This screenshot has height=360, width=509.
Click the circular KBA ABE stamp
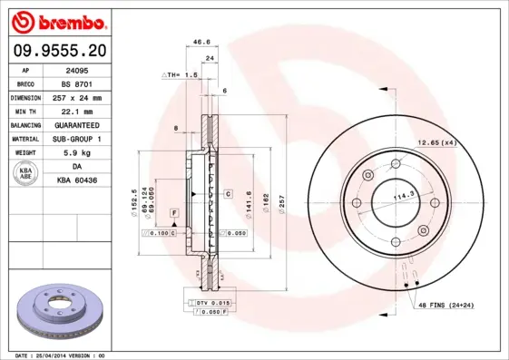(x=27, y=174)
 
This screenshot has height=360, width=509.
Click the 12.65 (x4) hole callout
(x=436, y=141)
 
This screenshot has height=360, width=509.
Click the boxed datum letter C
(x=230, y=194)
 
